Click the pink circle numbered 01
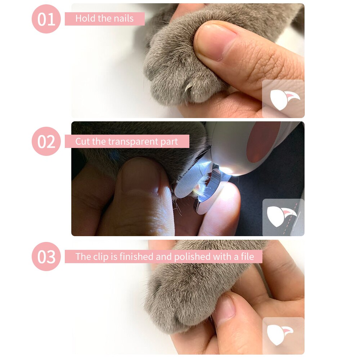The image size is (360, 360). tap(46, 19)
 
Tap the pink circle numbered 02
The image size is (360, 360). tap(46, 141)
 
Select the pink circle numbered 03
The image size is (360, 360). tap(46, 256)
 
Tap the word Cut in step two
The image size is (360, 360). tap(82, 141)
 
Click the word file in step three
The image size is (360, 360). tap(246, 257)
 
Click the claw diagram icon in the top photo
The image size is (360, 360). tap(283, 99)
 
